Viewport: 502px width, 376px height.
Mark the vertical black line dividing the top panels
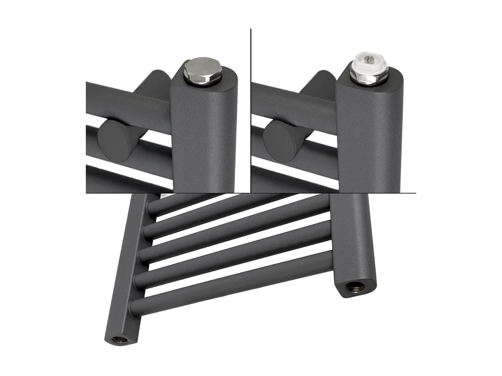coord(251,110)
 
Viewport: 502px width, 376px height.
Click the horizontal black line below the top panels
coord(251,193)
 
